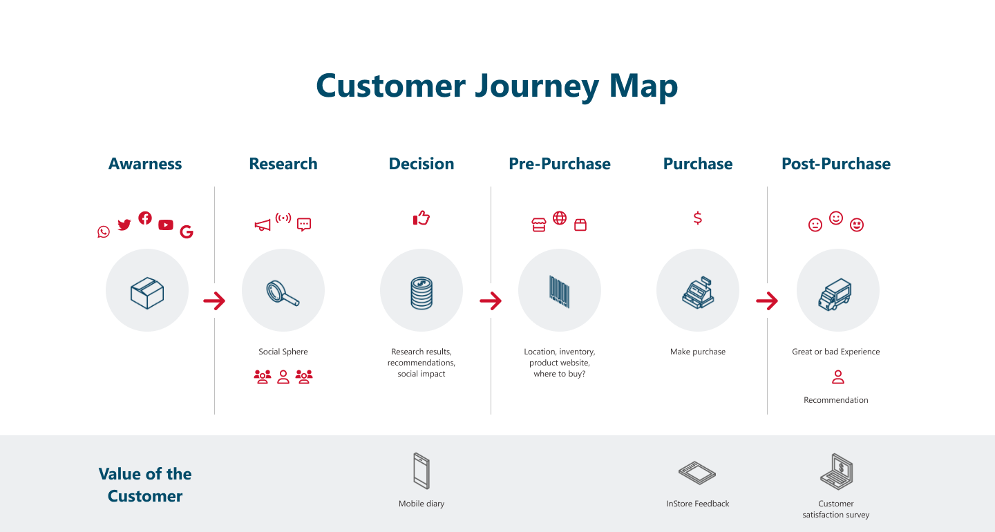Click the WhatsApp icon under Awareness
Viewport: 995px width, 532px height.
pyautogui.click(x=104, y=232)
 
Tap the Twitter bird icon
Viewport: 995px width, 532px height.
pyautogui.click(x=124, y=225)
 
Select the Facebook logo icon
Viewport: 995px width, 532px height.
pyautogui.click(x=145, y=218)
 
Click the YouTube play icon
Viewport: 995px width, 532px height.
pyautogui.click(x=166, y=225)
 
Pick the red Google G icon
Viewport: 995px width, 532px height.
pyautogui.click(x=187, y=232)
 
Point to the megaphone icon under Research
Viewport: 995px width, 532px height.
pyautogui.click(x=263, y=225)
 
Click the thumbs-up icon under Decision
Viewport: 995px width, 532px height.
pyautogui.click(x=421, y=218)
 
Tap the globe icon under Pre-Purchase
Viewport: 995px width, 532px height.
pyautogui.click(x=560, y=218)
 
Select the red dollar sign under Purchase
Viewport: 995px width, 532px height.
pyautogui.click(x=698, y=218)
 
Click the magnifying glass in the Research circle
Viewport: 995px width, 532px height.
pyautogui.click(x=283, y=293)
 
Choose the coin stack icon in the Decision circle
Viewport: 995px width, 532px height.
pyautogui.click(x=421, y=293)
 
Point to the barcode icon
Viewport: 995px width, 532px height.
pyautogui.click(x=559, y=292)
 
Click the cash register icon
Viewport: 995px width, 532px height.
pyautogui.click(x=698, y=293)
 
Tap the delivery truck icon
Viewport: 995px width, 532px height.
pyautogui.click(x=835, y=294)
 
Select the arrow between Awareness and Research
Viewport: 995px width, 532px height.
pyautogui.click(x=214, y=301)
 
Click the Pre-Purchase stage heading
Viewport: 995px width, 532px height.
pyautogui.click(x=560, y=164)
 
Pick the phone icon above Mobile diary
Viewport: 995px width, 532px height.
pyautogui.click(x=421, y=471)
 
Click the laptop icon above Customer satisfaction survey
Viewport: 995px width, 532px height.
pyautogui.click(x=836, y=472)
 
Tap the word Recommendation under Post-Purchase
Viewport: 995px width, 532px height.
pyautogui.click(x=836, y=400)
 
